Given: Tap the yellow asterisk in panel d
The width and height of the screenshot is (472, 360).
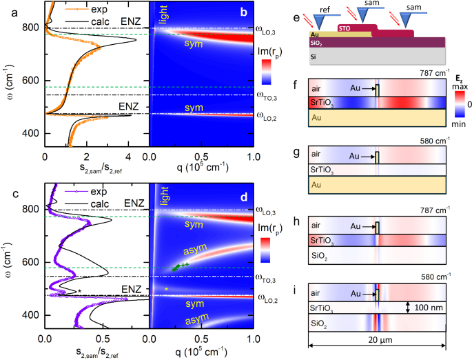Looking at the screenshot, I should [x=167, y=289].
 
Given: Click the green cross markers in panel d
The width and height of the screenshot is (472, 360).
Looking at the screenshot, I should [x=179, y=266].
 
